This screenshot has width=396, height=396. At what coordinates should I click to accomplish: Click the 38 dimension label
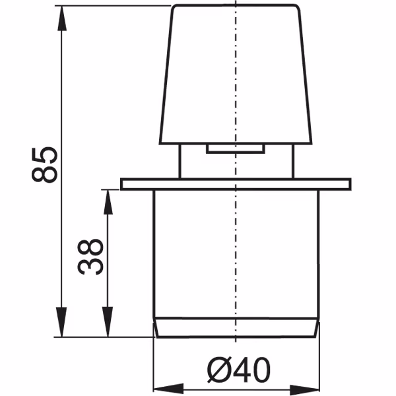[x=90, y=257]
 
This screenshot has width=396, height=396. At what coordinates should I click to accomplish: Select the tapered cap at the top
[x=236, y=73]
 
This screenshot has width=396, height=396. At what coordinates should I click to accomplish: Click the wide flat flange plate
[x=236, y=183]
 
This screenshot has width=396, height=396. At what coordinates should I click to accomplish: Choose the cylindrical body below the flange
[x=236, y=254]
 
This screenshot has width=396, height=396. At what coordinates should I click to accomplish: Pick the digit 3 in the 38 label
[x=90, y=266]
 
